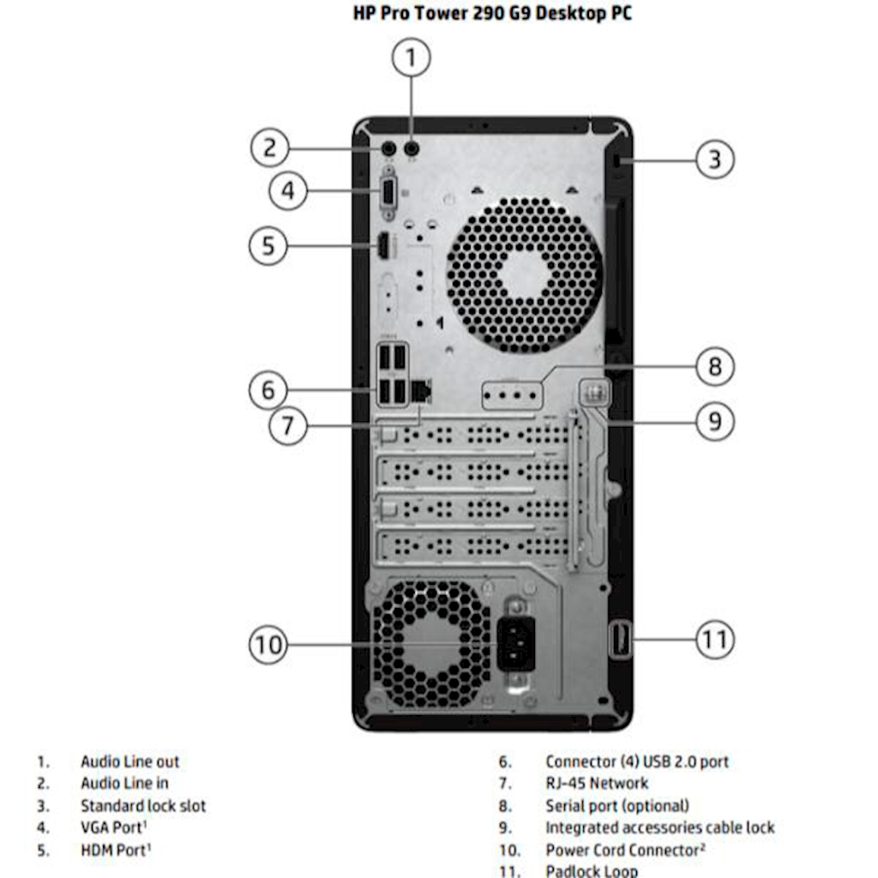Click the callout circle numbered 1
pos(411,58)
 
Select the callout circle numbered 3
pos(714,159)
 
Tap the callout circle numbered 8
pos(714,367)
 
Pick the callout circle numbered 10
pos(268,643)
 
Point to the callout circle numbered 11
pos(714,639)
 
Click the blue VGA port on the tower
pos(388,191)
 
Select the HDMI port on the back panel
pos(385,246)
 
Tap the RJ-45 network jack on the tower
pos(420,391)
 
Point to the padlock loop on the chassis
pos(621,640)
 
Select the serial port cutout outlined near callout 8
pos(513,396)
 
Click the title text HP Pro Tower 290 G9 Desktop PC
pos(492,14)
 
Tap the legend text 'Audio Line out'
pos(130,761)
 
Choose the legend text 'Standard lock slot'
pos(143,806)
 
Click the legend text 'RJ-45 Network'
pos(597,783)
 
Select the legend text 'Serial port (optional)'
pos(617,806)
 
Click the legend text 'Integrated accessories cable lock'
pos(659,828)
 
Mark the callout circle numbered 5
pos(268,246)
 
